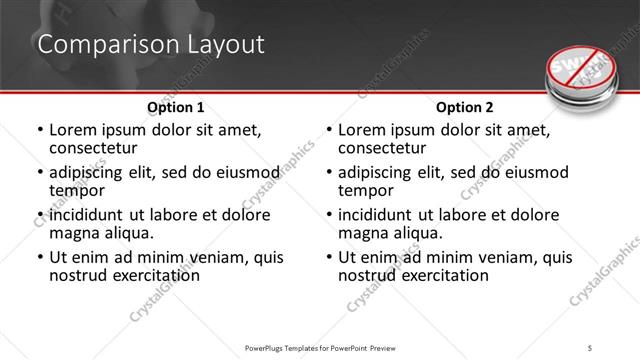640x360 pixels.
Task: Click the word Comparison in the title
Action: point(96,45)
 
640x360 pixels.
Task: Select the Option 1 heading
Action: point(176,107)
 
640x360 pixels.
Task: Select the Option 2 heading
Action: point(465,107)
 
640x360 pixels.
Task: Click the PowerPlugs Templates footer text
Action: point(320,349)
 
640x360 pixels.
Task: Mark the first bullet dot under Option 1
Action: point(40,131)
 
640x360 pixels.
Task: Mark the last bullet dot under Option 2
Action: point(329,257)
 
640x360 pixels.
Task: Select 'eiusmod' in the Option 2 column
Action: point(535,172)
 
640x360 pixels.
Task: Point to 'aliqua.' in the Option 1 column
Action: point(128,233)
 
